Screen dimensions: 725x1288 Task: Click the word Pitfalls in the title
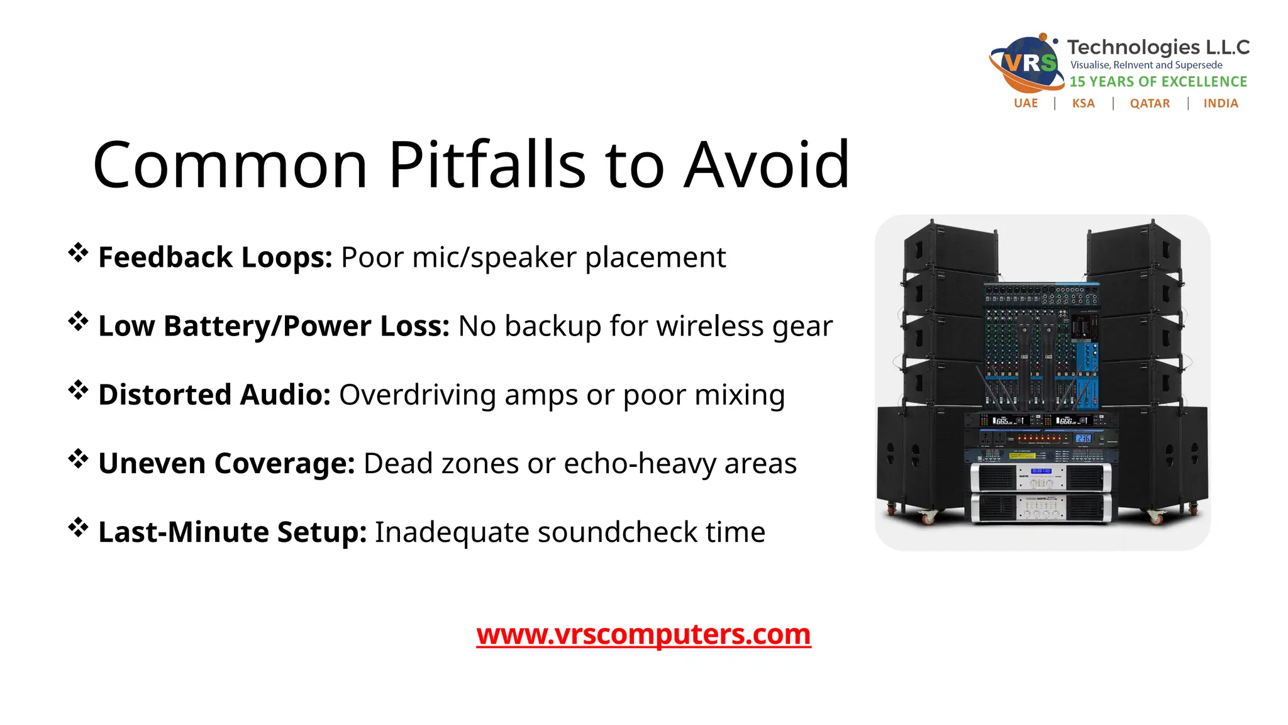487,165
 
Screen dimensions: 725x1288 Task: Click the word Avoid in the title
767,165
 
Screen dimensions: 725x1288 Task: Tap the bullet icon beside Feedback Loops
78,252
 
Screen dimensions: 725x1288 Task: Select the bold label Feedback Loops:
215,257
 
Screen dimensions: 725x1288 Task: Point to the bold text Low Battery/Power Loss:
274,326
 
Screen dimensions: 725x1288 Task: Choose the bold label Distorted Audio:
214,395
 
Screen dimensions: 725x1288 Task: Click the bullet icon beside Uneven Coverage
78,458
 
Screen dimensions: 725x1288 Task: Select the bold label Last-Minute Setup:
232,532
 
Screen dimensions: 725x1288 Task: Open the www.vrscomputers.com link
643,634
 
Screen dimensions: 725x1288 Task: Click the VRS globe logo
1026,63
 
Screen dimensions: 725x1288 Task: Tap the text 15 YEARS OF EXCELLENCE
1158,82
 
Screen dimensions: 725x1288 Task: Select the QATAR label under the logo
1150,103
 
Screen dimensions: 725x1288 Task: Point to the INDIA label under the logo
1221,103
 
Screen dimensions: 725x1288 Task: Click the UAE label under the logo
1026,103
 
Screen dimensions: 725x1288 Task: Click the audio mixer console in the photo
1041,346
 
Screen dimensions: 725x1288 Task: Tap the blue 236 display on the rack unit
1083,438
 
